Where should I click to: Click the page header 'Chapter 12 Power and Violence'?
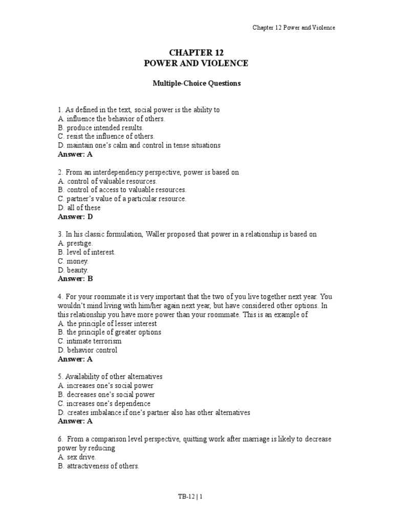(294, 28)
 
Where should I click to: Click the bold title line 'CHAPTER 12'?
(196, 53)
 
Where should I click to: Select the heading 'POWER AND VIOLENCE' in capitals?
(196, 63)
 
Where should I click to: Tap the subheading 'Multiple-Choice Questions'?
(196, 83)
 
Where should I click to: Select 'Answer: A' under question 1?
(75, 154)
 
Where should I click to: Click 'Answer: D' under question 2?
(75, 216)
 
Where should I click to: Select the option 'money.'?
(77, 261)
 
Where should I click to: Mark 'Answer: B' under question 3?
(75, 279)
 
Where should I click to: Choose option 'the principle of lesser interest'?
(111, 323)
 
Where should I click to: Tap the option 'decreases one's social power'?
(110, 395)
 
